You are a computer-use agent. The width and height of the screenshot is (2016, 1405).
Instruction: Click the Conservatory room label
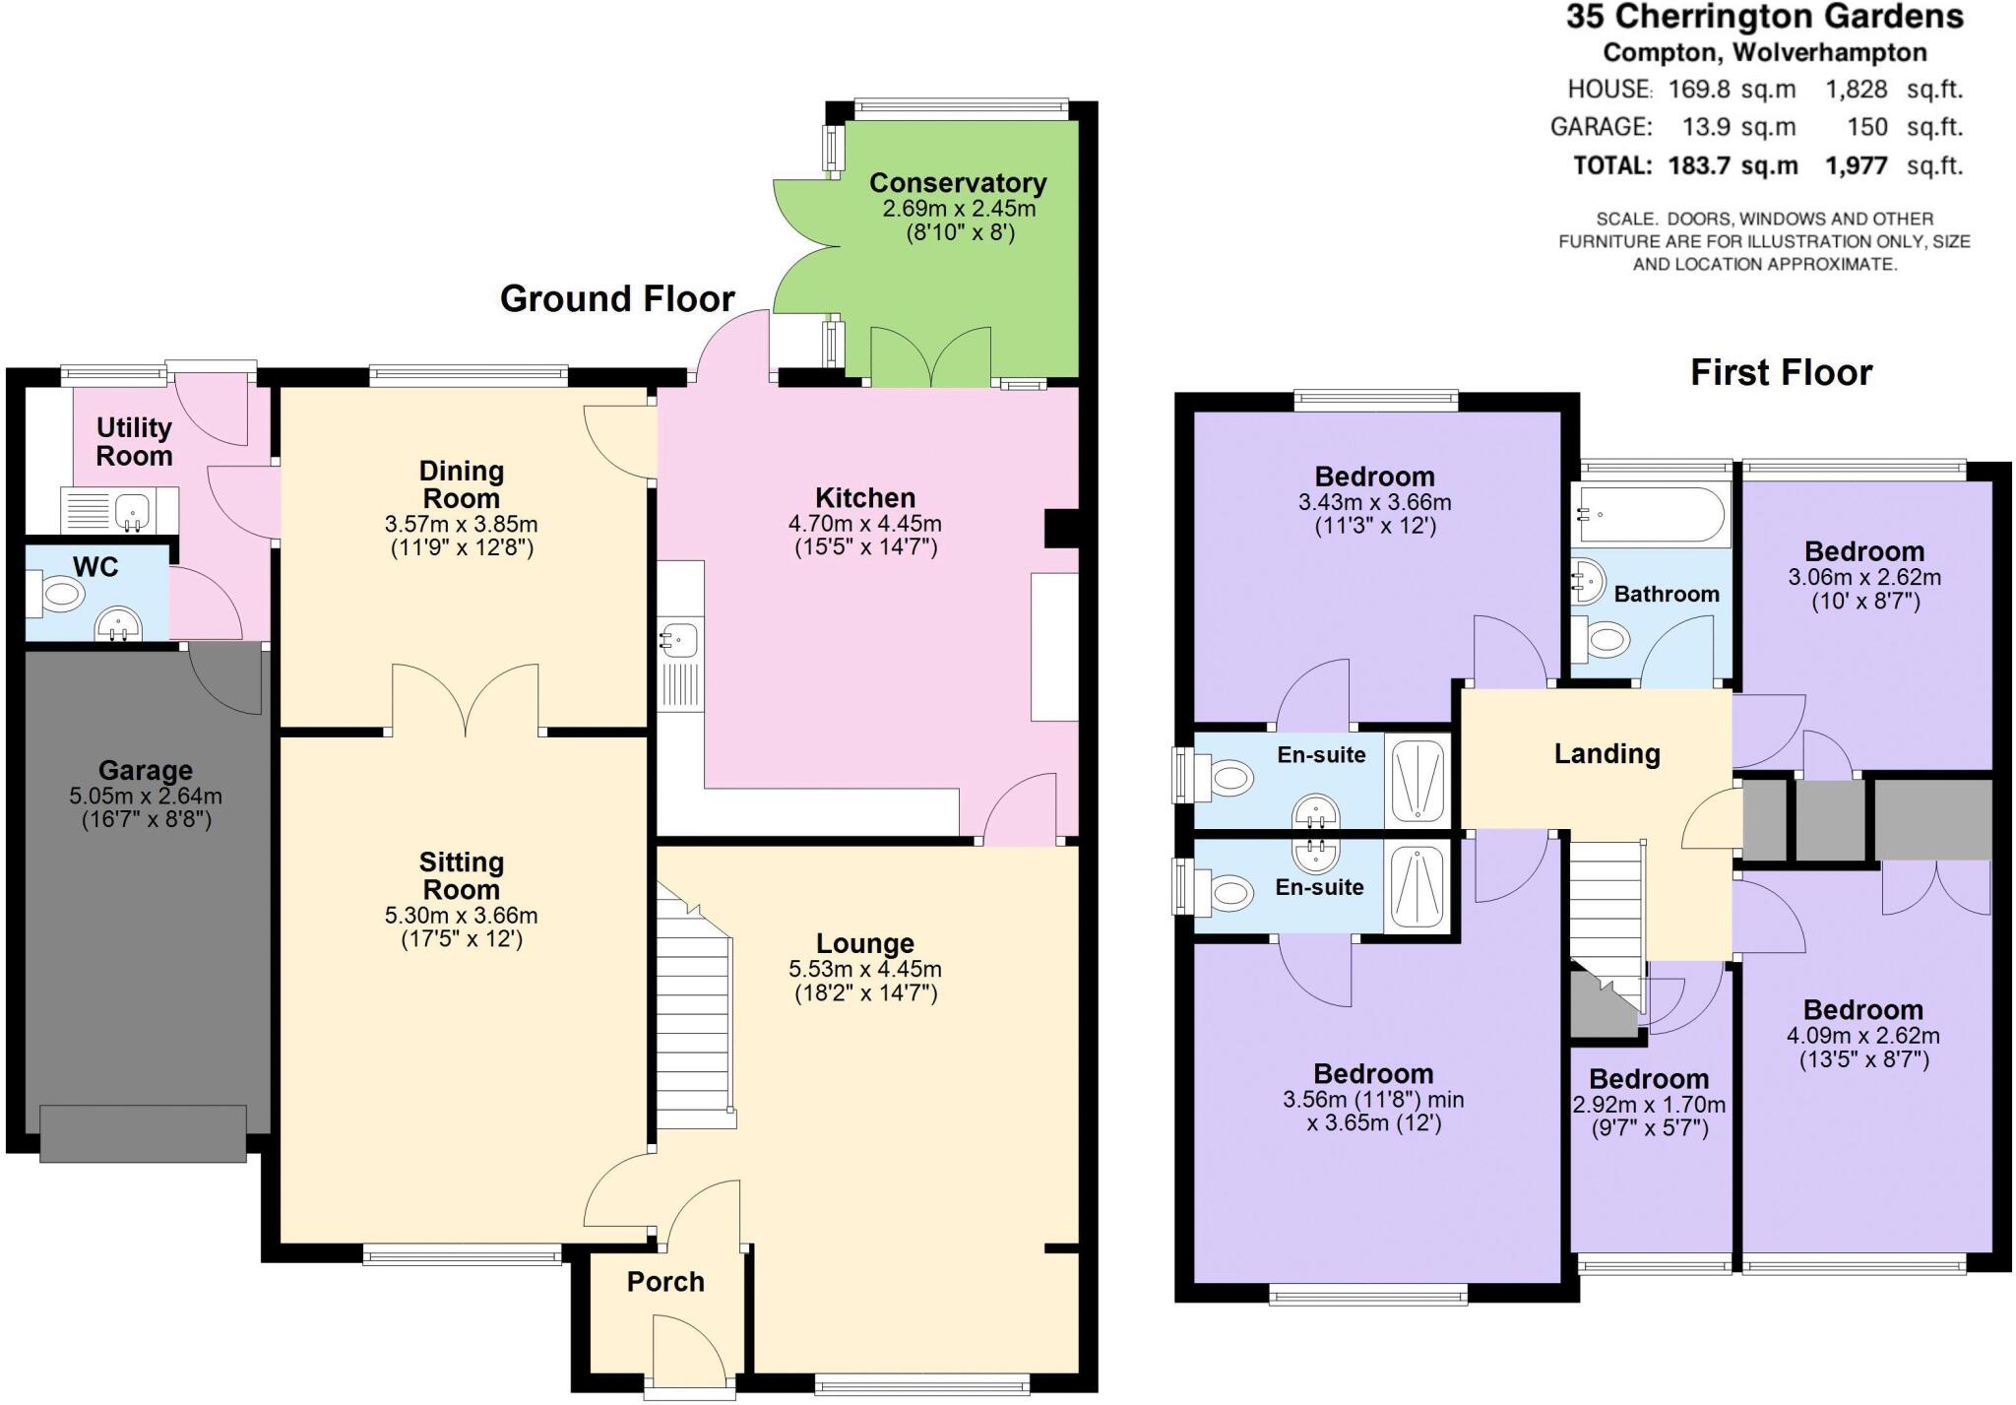[957, 183]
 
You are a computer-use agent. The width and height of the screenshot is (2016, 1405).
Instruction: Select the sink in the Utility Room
[130, 511]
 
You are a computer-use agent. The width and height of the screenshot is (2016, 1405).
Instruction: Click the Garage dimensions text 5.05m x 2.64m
[146, 796]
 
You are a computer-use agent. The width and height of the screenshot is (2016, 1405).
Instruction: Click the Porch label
[665, 1282]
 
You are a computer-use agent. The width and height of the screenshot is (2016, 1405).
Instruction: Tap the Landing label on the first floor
[1606, 754]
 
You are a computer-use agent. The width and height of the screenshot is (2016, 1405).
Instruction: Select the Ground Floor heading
[617, 299]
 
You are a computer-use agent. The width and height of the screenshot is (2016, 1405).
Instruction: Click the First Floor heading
[1781, 373]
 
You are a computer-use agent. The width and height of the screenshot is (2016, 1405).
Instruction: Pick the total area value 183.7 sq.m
[1732, 165]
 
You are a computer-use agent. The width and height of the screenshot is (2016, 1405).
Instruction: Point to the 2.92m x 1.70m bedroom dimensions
[1649, 1105]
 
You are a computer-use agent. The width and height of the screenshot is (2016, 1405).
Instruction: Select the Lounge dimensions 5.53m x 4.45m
[864, 969]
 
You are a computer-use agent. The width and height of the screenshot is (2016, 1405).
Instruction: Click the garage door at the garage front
[144, 1133]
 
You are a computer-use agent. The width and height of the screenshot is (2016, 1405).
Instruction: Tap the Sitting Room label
[461, 875]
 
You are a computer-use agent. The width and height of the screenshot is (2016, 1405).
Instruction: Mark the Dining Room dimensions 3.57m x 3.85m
[461, 524]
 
